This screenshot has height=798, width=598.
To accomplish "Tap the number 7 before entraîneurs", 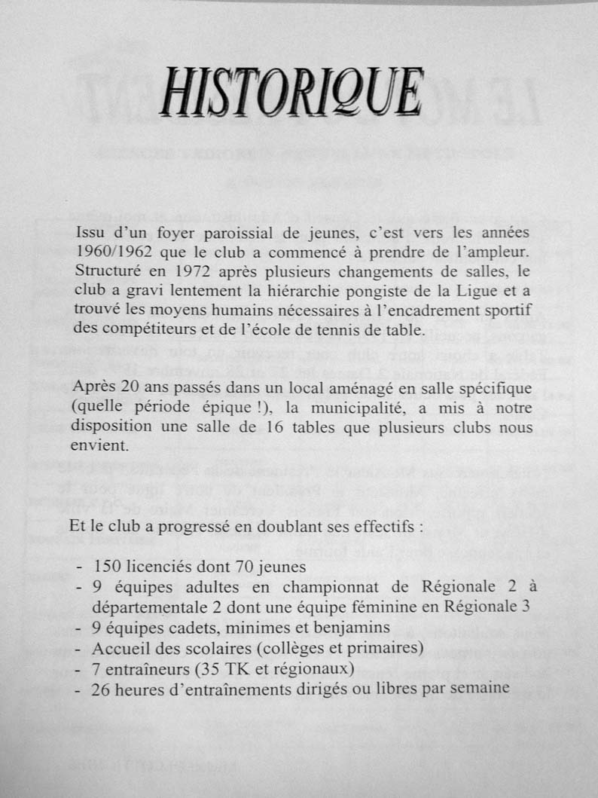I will (x=96, y=668).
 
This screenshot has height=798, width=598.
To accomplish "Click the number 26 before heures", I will (x=101, y=688).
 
